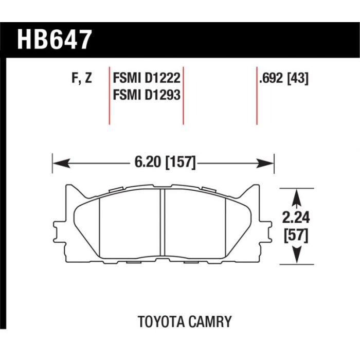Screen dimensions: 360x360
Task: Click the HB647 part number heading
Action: (x=55, y=40)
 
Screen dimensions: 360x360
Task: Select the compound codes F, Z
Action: (x=82, y=78)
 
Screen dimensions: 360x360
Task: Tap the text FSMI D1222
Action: (x=147, y=78)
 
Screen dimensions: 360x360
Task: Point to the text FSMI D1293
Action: (x=147, y=95)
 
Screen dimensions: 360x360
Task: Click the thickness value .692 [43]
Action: (x=283, y=78)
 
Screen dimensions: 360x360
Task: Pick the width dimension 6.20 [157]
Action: (x=165, y=162)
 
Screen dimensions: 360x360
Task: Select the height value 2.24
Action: (x=296, y=218)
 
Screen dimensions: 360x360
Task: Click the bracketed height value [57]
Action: (x=296, y=236)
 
